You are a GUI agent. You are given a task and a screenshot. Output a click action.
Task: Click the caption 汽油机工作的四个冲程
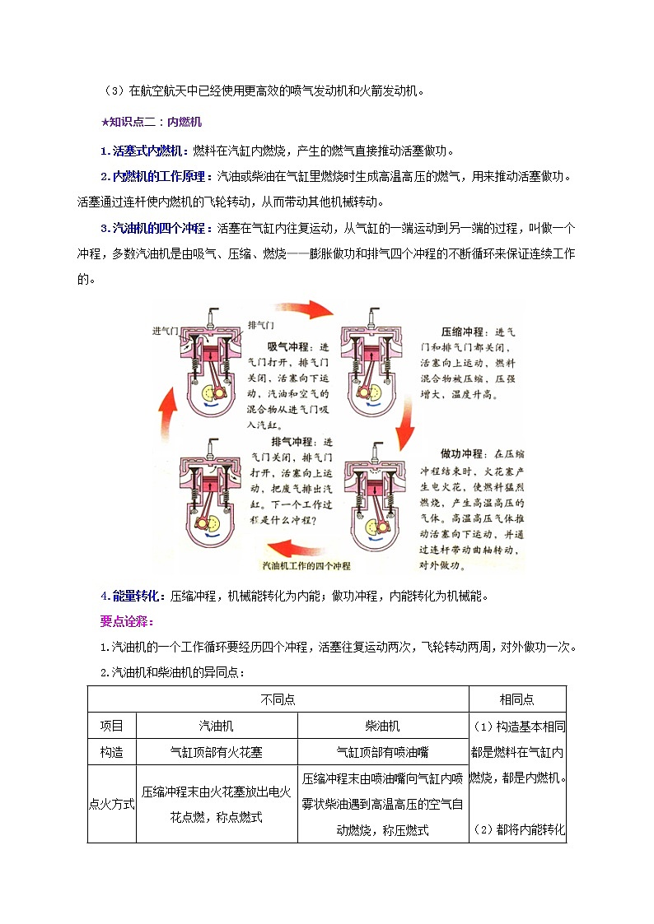(306, 566)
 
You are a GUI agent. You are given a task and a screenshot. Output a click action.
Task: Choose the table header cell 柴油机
(383, 726)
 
